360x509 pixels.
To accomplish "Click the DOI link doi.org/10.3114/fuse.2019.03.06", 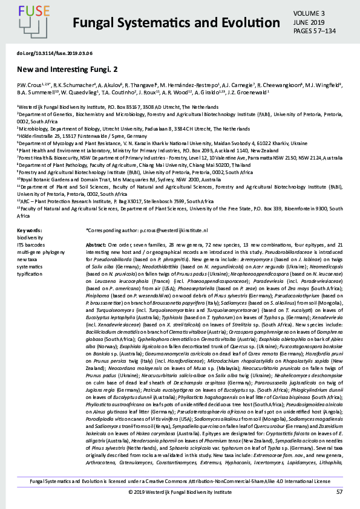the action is point(54,53).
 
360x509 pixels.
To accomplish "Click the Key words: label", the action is point(30,230).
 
